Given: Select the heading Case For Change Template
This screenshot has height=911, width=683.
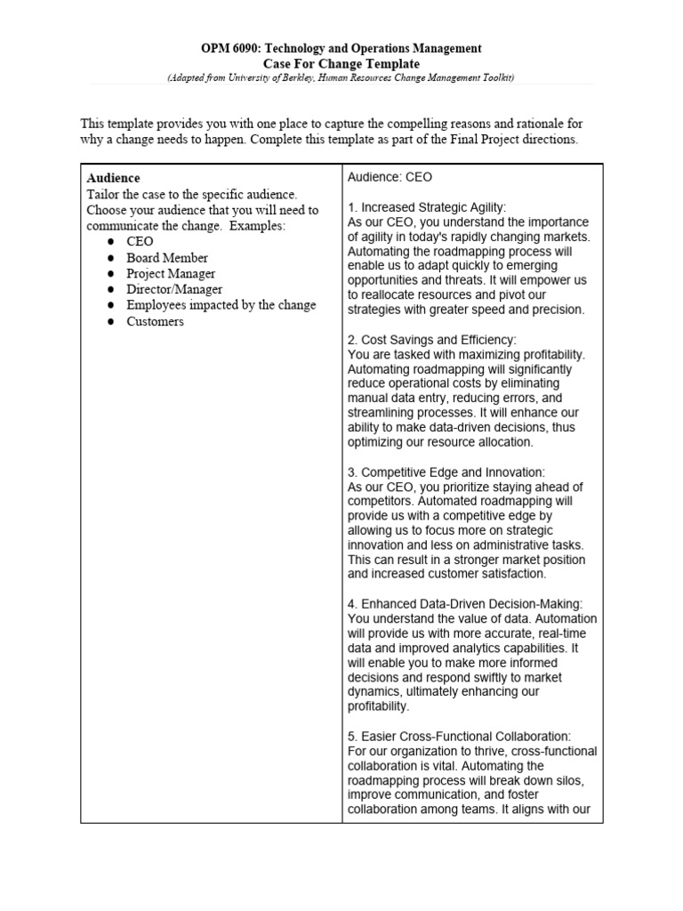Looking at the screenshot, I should tap(341, 64).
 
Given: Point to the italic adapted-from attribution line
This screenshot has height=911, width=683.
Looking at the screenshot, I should tap(341, 78).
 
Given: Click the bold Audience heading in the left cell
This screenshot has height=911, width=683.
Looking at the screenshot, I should tap(113, 178).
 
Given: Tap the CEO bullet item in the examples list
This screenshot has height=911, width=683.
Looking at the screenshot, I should tap(140, 241).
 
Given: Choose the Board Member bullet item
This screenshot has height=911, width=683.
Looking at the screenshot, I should tap(166, 257).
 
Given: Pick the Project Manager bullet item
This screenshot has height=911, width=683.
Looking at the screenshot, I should tap(170, 273).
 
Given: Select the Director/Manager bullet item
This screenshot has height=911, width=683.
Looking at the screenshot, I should tap(173, 289).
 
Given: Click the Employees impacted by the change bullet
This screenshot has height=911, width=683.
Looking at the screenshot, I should tap(221, 305).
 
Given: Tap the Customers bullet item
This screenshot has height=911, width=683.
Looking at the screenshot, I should tap(155, 321).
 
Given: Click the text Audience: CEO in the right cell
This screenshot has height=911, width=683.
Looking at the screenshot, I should tap(390, 177).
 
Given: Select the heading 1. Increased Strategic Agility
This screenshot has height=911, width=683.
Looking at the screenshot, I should tap(427, 207).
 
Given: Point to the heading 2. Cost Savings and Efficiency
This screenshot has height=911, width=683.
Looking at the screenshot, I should tap(431, 340).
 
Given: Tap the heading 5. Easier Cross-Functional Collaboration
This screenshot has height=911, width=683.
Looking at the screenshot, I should tap(459, 736).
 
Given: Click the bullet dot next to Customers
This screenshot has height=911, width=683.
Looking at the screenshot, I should tap(109, 322).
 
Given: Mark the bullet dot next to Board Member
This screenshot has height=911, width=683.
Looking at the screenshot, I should tap(109, 258).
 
